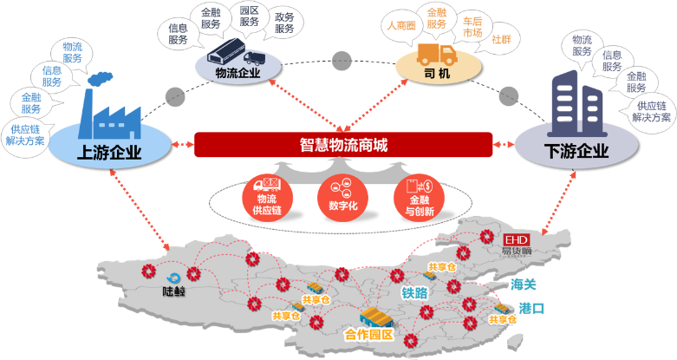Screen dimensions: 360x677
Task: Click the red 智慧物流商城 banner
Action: (x=342, y=145)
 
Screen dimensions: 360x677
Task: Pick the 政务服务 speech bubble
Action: (x=284, y=23)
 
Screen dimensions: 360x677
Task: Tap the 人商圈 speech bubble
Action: (x=401, y=26)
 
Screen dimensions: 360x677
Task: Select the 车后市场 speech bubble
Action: (x=472, y=27)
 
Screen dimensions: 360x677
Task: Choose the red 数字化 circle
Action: (x=341, y=199)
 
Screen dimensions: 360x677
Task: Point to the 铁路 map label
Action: (x=413, y=292)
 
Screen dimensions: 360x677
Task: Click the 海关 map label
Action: (x=524, y=285)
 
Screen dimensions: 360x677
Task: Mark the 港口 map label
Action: (x=531, y=308)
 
